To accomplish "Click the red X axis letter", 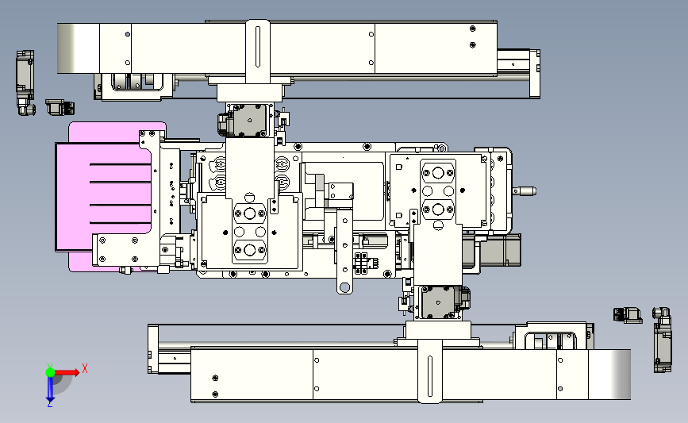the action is [85, 368].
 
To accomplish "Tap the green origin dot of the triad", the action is [50, 372].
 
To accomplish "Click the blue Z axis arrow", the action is [50, 389].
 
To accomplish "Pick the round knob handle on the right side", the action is [525, 191].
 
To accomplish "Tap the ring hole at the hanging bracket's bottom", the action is [345, 287].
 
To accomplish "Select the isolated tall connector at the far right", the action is [663, 340].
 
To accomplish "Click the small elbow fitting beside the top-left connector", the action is [60, 107].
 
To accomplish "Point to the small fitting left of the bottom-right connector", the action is [628, 314].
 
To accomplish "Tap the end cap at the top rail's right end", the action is [535, 74].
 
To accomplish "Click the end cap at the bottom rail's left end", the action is [153, 349].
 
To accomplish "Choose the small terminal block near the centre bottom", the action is [363, 263].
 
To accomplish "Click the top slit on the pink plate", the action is [121, 164].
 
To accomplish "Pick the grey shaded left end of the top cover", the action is [79, 48].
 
